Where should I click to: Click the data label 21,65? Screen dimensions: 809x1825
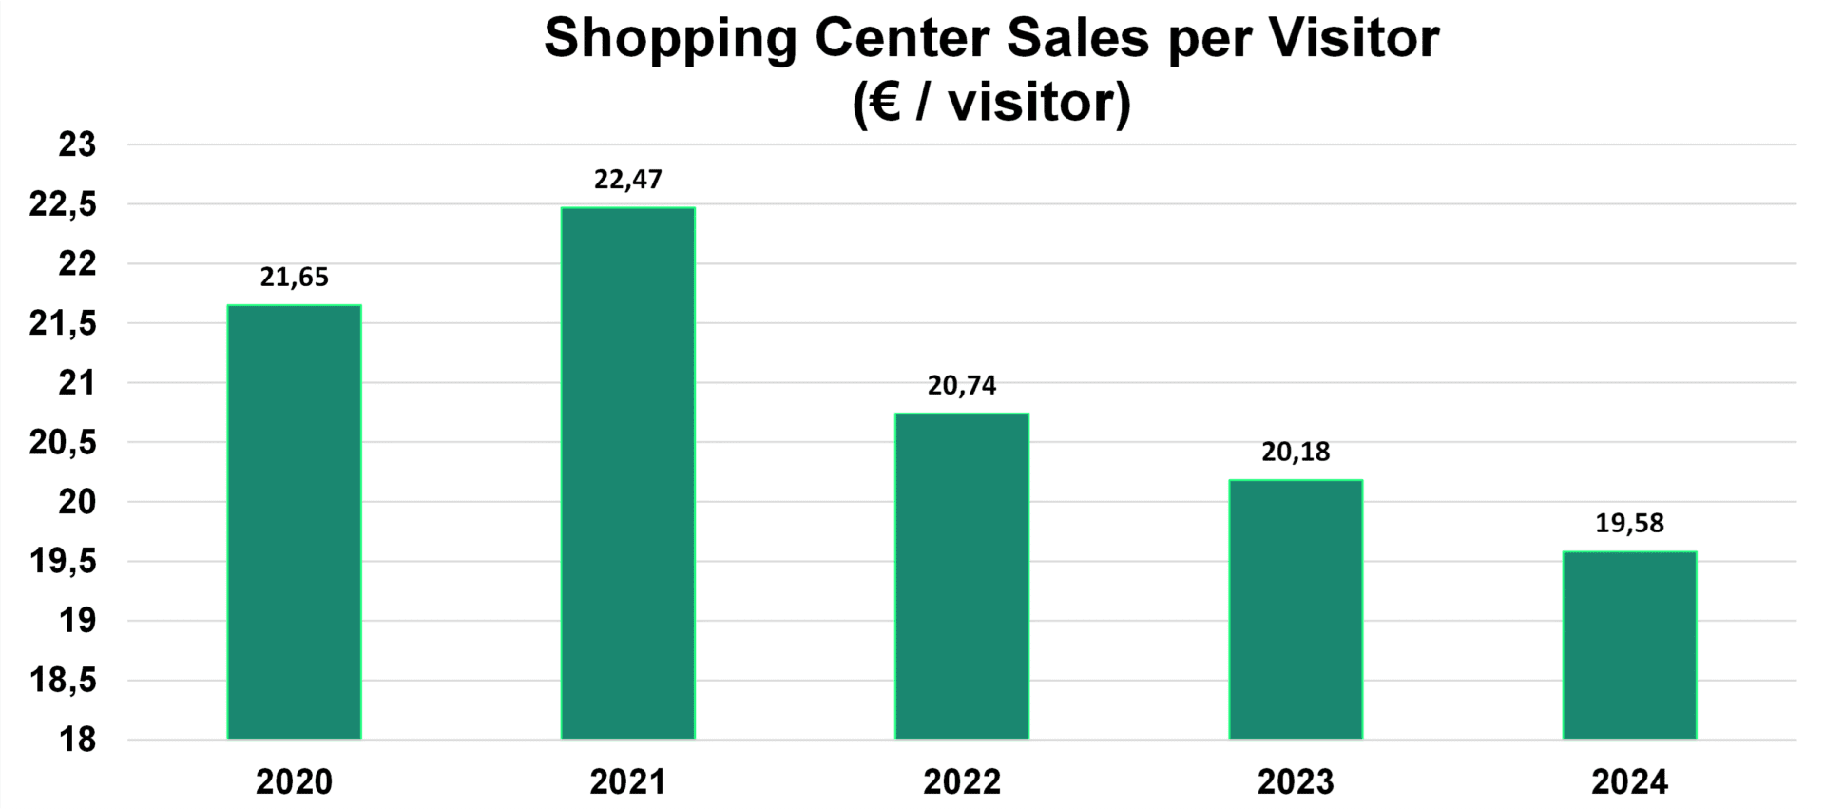(295, 278)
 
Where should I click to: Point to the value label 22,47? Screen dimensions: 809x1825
(627, 180)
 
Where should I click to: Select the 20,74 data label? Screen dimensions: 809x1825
(962, 386)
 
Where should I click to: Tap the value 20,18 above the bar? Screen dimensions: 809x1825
(1296, 453)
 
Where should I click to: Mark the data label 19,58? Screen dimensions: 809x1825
(1629, 524)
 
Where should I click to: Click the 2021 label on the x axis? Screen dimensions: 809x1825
(627, 782)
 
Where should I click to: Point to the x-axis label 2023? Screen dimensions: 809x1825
(1296, 782)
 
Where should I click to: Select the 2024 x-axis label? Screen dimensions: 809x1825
(1629, 782)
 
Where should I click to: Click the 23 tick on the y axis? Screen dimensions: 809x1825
(78, 145)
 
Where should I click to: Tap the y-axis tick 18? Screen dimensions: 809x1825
(78, 741)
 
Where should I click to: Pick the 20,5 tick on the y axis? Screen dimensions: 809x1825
(64, 443)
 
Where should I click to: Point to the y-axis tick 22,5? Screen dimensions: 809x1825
(64, 205)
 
